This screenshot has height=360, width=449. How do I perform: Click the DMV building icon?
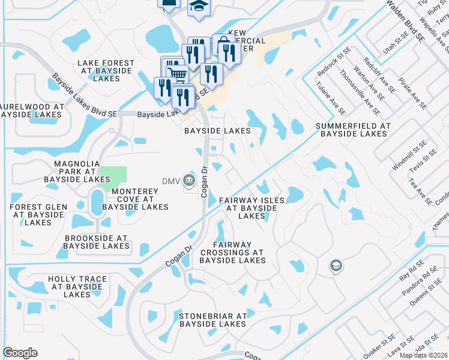pyautogui.click(x=188, y=179)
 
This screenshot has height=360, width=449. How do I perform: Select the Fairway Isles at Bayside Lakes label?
pyautogui.click(x=248, y=208)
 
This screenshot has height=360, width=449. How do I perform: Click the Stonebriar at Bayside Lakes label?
pyautogui.click(x=212, y=320)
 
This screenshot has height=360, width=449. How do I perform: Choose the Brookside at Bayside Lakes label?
pyautogui.click(x=97, y=242)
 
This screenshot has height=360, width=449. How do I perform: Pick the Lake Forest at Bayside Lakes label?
pyautogui.click(x=104, y=70)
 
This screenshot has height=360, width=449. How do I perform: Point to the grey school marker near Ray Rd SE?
pyautogui.click(x=336, y=265)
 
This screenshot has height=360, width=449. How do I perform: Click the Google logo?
pyautogui.click(x=20, y=353)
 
